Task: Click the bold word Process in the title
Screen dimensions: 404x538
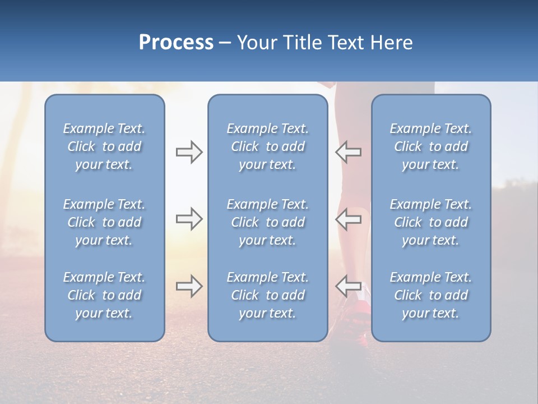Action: tap(176, 43)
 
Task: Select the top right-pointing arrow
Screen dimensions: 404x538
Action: tap(189, 152)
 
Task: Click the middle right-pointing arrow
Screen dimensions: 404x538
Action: tap(189, 218)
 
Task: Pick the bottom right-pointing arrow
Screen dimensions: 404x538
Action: tap(189, 286)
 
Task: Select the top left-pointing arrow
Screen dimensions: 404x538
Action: tap(349, 152)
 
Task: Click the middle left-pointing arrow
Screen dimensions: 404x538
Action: tap(349, 218)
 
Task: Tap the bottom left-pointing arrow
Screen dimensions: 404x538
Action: tap(349, 286)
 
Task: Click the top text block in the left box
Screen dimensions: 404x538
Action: tap(104, 146)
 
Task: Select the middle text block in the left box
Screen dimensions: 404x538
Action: tap(104, 222)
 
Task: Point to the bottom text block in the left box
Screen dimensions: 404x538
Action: tap(104, 295)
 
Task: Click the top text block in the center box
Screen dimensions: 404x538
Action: tap(267, 146)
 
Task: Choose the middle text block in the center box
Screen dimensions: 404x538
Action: tap(267, 222)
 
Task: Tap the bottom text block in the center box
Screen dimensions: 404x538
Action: tap(267, 295)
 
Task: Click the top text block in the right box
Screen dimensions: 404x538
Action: tap(430, 146)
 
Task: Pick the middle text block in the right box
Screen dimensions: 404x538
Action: tap(430, 222)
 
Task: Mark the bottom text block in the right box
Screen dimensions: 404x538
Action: tap(430, 295)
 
